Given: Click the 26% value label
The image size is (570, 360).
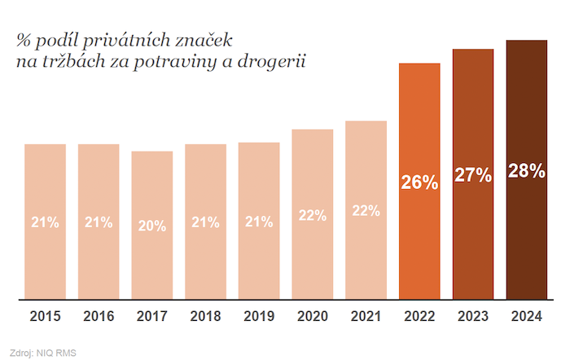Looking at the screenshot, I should click(x=419, y=182).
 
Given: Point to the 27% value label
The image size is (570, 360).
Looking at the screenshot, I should click(x=473, y=175).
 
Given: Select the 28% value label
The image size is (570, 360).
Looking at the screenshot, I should click(x=526, y=171).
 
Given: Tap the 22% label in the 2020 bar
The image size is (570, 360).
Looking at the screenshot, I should click(x=312, y=215).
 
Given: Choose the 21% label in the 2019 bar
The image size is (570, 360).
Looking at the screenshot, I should click(x=259, y=222).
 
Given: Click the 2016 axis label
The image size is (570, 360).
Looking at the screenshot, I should click(x=99, y=316).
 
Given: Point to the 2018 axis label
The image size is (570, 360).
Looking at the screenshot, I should click(x=205, y=316).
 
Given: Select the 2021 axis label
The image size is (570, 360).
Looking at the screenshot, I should click(x=366, y=316).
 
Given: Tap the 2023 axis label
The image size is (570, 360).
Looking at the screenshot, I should click(x=473, y=316).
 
